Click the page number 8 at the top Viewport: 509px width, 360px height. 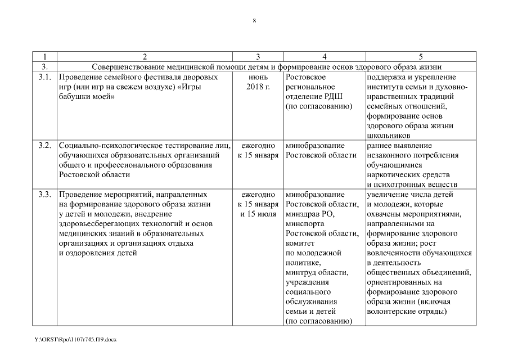click(254, 21)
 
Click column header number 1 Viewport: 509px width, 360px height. click(46, 56)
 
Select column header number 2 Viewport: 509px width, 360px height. click(145, 56)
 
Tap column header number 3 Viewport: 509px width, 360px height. click(258, 56)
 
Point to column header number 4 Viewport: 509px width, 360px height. click(325, 56)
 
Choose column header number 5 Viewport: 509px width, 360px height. click(421, 56)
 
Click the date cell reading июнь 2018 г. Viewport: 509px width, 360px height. click(258, 82)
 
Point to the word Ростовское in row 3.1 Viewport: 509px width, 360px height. click(303, 76)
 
